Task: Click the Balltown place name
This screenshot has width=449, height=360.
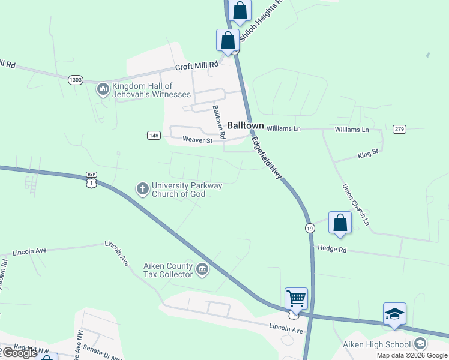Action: [246, 125]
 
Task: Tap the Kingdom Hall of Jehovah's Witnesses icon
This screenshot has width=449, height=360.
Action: [103, 90]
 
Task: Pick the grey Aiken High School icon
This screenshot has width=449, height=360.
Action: [420, 344]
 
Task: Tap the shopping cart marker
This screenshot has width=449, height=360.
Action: [295, 298]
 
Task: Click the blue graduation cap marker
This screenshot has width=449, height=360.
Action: [394, 314]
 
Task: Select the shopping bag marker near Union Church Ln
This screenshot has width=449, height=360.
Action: [340, 222]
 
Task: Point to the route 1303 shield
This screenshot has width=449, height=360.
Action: [76, 80]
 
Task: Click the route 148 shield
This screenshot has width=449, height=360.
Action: [153, 136]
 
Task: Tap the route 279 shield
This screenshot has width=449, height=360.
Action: [399, 129]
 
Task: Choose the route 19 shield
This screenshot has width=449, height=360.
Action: [309, 228]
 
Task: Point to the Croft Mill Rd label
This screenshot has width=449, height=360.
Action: [197, 67]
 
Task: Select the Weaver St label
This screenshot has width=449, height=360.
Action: [197, 140]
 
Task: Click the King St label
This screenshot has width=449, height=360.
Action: [367, 154]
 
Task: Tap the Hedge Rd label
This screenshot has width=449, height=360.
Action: [333, 248]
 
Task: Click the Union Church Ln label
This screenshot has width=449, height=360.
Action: [355, 205]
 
